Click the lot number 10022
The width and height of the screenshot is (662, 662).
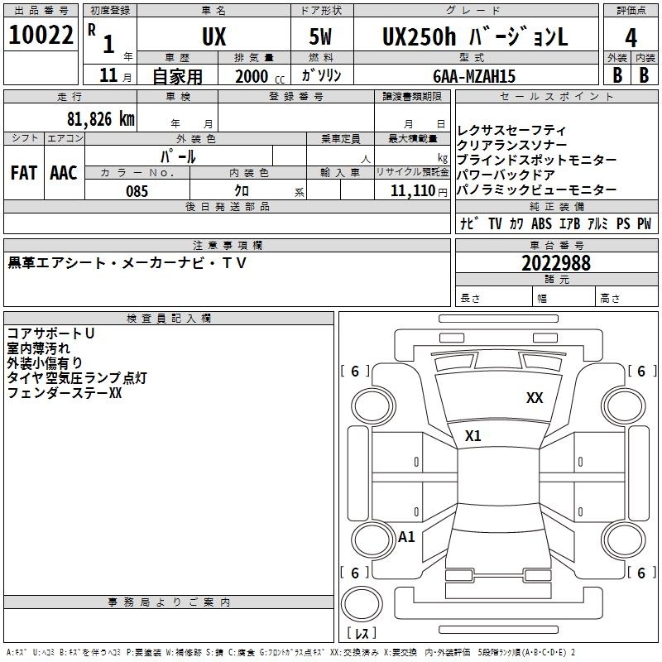41,35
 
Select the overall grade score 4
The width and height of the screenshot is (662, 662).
631,37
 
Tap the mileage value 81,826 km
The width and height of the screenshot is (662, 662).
101,118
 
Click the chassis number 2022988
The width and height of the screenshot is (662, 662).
556,263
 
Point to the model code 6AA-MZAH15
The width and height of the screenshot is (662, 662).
474,76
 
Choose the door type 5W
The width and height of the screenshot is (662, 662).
320,36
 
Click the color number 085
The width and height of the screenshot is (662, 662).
137,191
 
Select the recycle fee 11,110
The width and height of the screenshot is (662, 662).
413,191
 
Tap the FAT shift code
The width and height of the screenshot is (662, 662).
24,173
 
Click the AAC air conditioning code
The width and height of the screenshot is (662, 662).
64,173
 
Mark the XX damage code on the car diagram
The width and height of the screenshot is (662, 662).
535,398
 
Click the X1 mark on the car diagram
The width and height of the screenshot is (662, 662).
473,435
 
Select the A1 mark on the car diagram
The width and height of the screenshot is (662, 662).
406,536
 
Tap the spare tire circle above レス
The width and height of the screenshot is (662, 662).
362,603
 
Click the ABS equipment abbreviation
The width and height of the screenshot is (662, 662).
541,223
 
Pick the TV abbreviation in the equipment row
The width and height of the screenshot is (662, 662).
495,223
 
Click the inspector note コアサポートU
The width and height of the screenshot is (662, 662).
50,333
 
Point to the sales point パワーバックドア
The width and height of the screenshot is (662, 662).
506,175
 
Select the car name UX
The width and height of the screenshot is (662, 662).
214,36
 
